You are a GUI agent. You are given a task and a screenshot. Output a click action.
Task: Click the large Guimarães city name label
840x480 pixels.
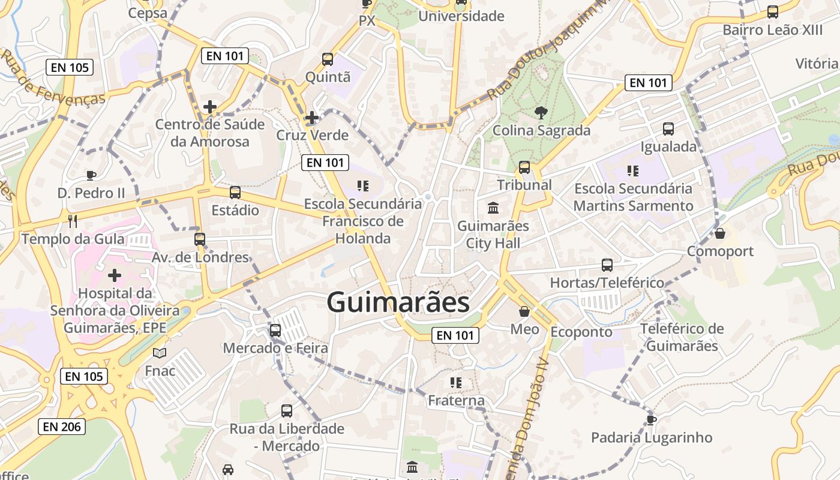tap(398, 302)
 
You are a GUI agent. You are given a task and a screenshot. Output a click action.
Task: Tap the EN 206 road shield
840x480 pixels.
tap(62, 427)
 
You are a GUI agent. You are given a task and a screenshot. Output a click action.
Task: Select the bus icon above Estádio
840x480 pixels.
tap(235, 193)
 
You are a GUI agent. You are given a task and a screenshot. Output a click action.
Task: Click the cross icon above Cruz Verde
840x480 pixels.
tap(311, 118)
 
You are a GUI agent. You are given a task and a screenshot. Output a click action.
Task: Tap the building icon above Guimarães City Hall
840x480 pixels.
tap(493, 208)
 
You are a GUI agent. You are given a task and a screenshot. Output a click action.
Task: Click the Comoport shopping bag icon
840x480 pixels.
tap(720, 233)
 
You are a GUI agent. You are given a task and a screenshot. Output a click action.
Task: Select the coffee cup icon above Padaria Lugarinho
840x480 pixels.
tap(652, 419)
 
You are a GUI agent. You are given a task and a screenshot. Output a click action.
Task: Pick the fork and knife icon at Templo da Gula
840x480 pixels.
tap(73, 221)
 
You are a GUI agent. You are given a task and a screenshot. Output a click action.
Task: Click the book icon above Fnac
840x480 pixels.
tap(160, 353)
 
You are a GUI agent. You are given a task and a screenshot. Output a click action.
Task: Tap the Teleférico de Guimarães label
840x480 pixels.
tap(682, 337)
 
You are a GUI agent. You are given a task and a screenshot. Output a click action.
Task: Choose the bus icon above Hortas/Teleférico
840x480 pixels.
tap(607, 265)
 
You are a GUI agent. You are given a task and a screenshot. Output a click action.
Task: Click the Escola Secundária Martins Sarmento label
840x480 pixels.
tap(633, 197)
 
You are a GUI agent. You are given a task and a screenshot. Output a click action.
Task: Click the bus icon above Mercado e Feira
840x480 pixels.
tap(275, 330)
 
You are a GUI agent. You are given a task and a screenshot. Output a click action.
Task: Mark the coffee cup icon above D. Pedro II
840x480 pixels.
tap(91, 175)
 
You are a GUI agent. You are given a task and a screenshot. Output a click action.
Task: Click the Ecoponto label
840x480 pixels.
tap(581, 332)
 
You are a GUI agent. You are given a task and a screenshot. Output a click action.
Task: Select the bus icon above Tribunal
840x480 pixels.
tap(524, 167)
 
